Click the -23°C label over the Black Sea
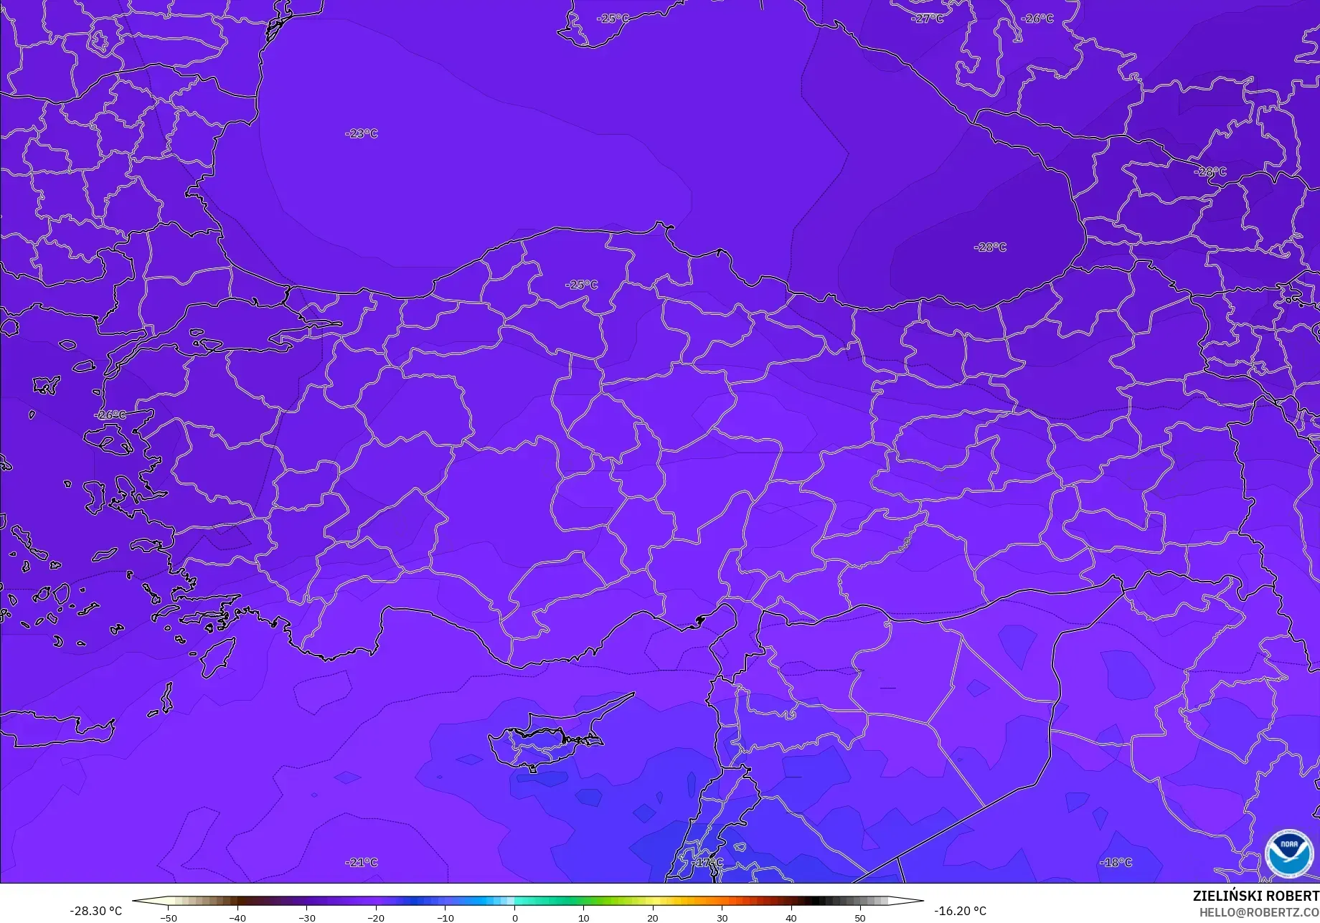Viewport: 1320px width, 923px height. [x=361, y=133]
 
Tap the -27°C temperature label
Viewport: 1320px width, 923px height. [x=927, y=19]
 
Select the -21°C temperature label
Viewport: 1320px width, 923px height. [x=361, y=862]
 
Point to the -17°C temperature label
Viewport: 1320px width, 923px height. [x=707, y=862]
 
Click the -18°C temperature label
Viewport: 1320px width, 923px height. [x=1116, y=862]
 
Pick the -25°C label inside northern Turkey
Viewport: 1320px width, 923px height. [x=581, y=285]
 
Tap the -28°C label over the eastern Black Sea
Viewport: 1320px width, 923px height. [x=990, y=247]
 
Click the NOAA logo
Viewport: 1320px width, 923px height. [x=1288, y=853]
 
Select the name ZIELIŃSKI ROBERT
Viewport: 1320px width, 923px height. [x=1255, y=896]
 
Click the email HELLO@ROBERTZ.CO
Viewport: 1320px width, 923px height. [x=1259, y=912]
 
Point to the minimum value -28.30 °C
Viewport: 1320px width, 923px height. [x=95, y=911]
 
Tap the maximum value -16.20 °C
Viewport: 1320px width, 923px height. [x=960, y=911]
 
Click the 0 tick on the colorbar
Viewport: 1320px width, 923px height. [x=514, y=918]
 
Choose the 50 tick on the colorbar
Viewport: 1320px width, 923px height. [x=859, y=918]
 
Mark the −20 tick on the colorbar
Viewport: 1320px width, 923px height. [x=376, y=918]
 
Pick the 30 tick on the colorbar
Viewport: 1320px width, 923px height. [x=722, y=918]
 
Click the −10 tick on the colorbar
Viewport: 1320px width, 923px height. [x=445, y=918]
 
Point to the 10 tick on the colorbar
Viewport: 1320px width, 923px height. [x=583, y=918]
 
